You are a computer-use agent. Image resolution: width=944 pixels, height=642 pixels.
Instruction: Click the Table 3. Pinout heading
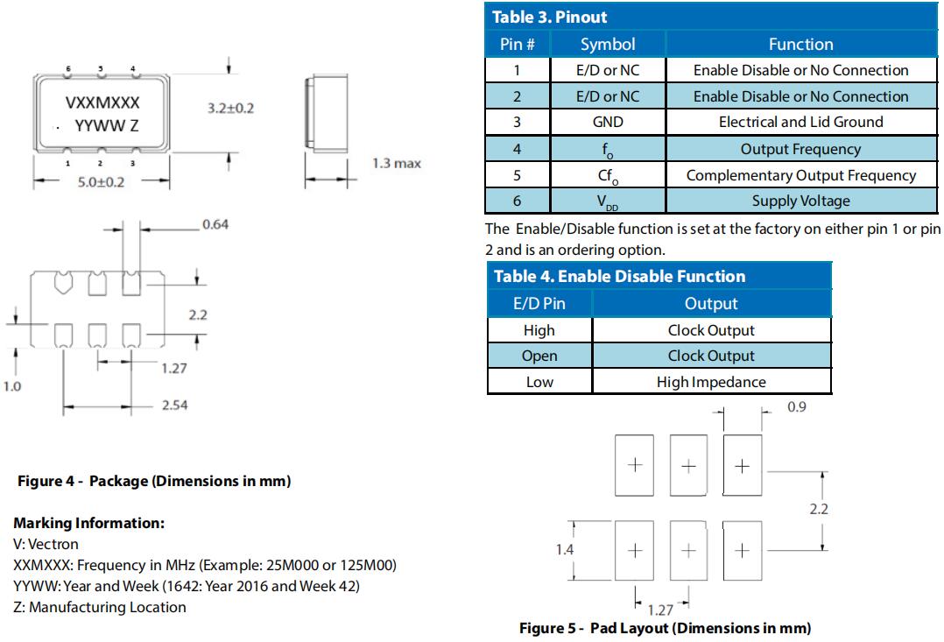click(550, 17)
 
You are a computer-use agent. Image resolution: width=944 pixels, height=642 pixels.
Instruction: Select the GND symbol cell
click(607, 122)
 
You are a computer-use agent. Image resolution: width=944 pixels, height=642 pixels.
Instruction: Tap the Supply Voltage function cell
click(800, 201)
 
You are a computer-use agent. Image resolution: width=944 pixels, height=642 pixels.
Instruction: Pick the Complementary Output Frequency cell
click(800, 175)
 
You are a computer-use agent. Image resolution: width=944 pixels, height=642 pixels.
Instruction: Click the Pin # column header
click(518, 44)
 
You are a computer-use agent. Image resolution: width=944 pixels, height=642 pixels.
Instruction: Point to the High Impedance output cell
click(711, 382)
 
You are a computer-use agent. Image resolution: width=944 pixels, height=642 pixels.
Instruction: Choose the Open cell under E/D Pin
click(539, 356)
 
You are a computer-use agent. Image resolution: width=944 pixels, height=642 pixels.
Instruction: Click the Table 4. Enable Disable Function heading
click(619, 277)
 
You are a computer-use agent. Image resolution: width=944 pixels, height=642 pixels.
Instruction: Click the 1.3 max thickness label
click(397, 163)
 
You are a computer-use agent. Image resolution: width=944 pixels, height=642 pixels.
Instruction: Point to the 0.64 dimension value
click(215, 224)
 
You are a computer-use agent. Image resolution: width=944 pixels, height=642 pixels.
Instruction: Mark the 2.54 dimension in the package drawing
click(174, 405)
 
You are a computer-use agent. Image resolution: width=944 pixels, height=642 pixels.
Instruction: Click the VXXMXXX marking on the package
click(102, 102)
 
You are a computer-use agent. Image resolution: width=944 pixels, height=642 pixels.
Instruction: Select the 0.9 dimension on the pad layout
click(796, 407)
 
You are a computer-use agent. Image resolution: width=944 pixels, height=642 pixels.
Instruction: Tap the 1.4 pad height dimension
click(565, 549)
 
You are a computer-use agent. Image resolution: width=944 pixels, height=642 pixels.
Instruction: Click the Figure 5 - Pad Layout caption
click(665, 628)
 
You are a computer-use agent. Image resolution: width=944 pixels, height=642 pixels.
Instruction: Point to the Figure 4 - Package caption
click(154, 481)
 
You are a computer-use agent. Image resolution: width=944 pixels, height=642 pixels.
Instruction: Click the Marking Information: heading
click(88, 523)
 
